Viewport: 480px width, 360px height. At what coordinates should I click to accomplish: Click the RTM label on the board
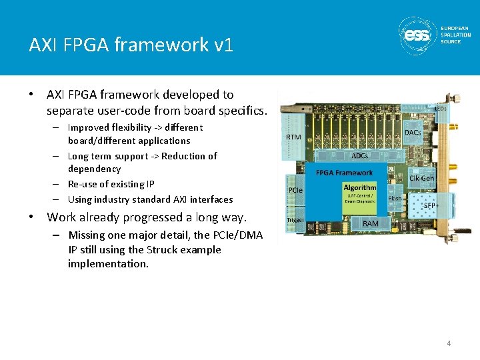(x=293, y=137)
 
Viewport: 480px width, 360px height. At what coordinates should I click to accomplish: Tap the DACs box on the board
(x=413, y=133)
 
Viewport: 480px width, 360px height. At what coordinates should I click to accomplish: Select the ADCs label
(x=360, y=155)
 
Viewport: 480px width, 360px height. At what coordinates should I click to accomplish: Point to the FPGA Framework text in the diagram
(x=345, y=173)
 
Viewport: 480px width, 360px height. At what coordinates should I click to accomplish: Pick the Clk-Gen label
(x=421, y=178)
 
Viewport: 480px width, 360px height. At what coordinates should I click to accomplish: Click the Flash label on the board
(x=395, y=198)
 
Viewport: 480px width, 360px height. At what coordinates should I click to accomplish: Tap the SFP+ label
(x=430, y=205)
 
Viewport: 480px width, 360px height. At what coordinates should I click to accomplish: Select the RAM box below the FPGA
(x=371, y=224)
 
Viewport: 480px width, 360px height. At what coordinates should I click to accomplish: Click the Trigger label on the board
(x=295, y=220)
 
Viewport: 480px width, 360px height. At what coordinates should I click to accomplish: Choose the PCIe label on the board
(x=295, y=190)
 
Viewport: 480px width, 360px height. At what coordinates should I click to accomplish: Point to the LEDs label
(x=441, y=108)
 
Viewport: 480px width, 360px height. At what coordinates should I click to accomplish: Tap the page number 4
(x=449, y=343)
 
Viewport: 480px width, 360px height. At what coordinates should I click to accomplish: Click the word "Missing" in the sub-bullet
(x=87, y=235)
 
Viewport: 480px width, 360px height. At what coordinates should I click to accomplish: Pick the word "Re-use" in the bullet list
(x=83, y=184)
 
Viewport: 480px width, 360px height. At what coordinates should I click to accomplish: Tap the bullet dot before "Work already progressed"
(x=31, y=217)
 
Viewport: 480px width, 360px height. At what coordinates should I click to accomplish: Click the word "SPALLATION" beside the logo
(x=455, y=35)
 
